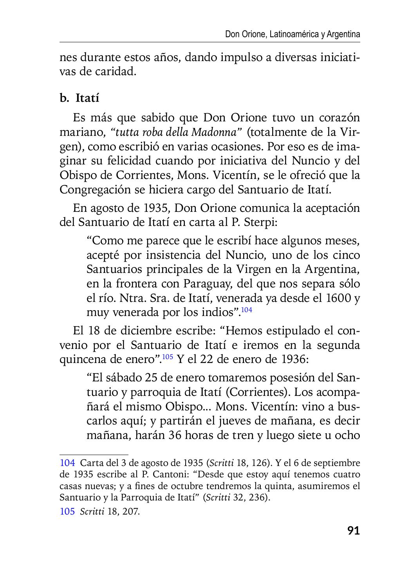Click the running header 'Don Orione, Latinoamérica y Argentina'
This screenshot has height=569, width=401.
[x=293, y=34]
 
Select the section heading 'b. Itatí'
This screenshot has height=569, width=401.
[x=79, y=98]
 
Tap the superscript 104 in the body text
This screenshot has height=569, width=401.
[x=246, y=310]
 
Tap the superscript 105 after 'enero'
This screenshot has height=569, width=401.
[x=167, y=356]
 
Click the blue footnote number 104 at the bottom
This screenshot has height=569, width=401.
[x=67, y=463]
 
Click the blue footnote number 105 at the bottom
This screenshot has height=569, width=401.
[x=67, y=511]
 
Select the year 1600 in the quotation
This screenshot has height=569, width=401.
[x=338, y=298]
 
